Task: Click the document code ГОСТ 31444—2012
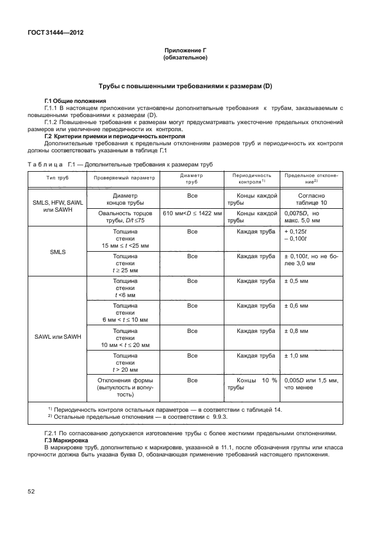[56, 33]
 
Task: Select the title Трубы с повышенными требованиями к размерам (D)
[185, 87]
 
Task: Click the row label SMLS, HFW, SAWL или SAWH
[58, 206]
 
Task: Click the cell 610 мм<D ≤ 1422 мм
[191, 213]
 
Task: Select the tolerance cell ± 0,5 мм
[297, 281]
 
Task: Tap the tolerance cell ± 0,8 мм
[297, 331]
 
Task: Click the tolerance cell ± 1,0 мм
[297, 356]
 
